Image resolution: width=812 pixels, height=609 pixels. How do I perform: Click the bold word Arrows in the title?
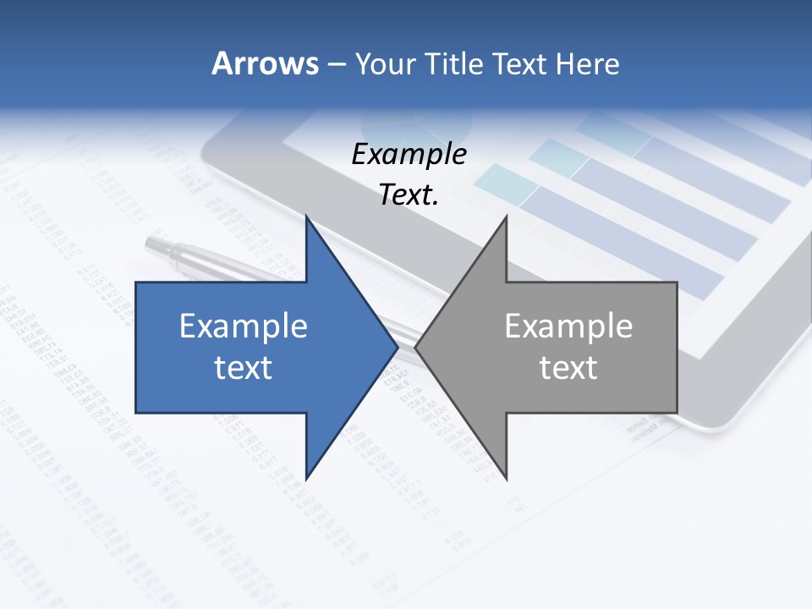[x=265, y=63]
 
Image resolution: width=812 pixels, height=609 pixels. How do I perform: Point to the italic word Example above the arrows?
[x=409, y=155]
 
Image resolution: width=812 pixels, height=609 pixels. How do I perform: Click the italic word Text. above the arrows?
[x=409, y=195]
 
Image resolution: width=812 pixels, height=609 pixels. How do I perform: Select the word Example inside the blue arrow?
[x=244, y=326]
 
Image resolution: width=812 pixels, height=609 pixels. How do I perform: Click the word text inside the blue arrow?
[x=244, y=368]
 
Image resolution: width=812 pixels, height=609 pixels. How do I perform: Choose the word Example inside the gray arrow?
[x=568, y=326]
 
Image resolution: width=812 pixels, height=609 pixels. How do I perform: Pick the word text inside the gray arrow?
[x=568, y=368]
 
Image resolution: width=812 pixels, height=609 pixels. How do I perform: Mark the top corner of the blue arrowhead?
[x=307, y=217]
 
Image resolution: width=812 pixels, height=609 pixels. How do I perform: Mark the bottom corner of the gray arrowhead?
[x=506, y=478]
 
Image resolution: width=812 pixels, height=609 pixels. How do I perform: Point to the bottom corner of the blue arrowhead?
[x=307, y=478]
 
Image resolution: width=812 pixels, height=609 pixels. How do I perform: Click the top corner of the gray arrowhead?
[x=506, y=217]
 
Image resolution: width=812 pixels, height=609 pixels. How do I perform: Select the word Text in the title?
[x=522, y=63]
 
